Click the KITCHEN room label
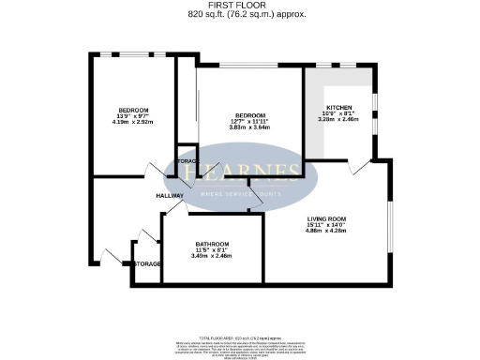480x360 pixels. click(x=337, y=108)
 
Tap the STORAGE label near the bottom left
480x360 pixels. click(x=147, y=264)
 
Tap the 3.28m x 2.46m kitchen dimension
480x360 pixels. click(x=337, y=121)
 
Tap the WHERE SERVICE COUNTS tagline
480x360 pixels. click(x=241, y=194)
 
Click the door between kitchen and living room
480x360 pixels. click(x=358, y=166)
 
